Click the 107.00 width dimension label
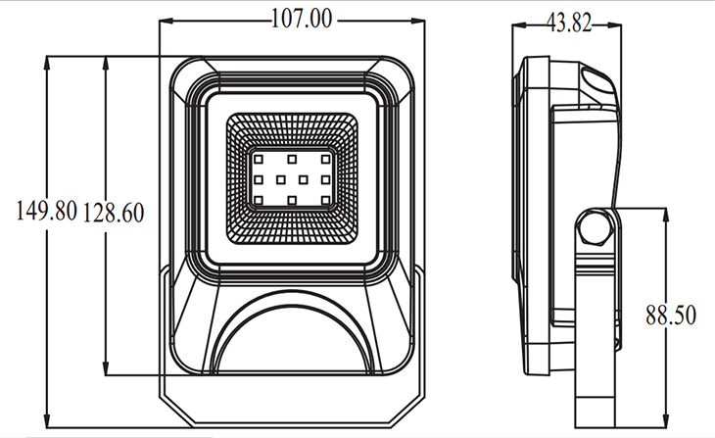click(302, 20)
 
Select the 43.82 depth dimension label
click(569, 24)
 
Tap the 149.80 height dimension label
click(46, 211)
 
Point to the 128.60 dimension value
click(114, 213)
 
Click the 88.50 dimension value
click(671, 316)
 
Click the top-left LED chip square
click(259, 160)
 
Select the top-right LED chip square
click(325, 160)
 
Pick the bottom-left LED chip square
click(259, 200)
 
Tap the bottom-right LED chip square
click(325, 200)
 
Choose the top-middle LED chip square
click(292, 160)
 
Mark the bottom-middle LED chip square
click(292, 200)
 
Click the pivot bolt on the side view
click(595, 226)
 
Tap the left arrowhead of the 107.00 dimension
click(166, 21)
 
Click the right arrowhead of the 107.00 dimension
click(418, 21)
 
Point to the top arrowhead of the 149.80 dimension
click(47, 63)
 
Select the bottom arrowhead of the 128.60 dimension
click(106, 368)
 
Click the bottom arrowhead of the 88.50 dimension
click(666, 420)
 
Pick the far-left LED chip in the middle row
click(259, 179)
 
